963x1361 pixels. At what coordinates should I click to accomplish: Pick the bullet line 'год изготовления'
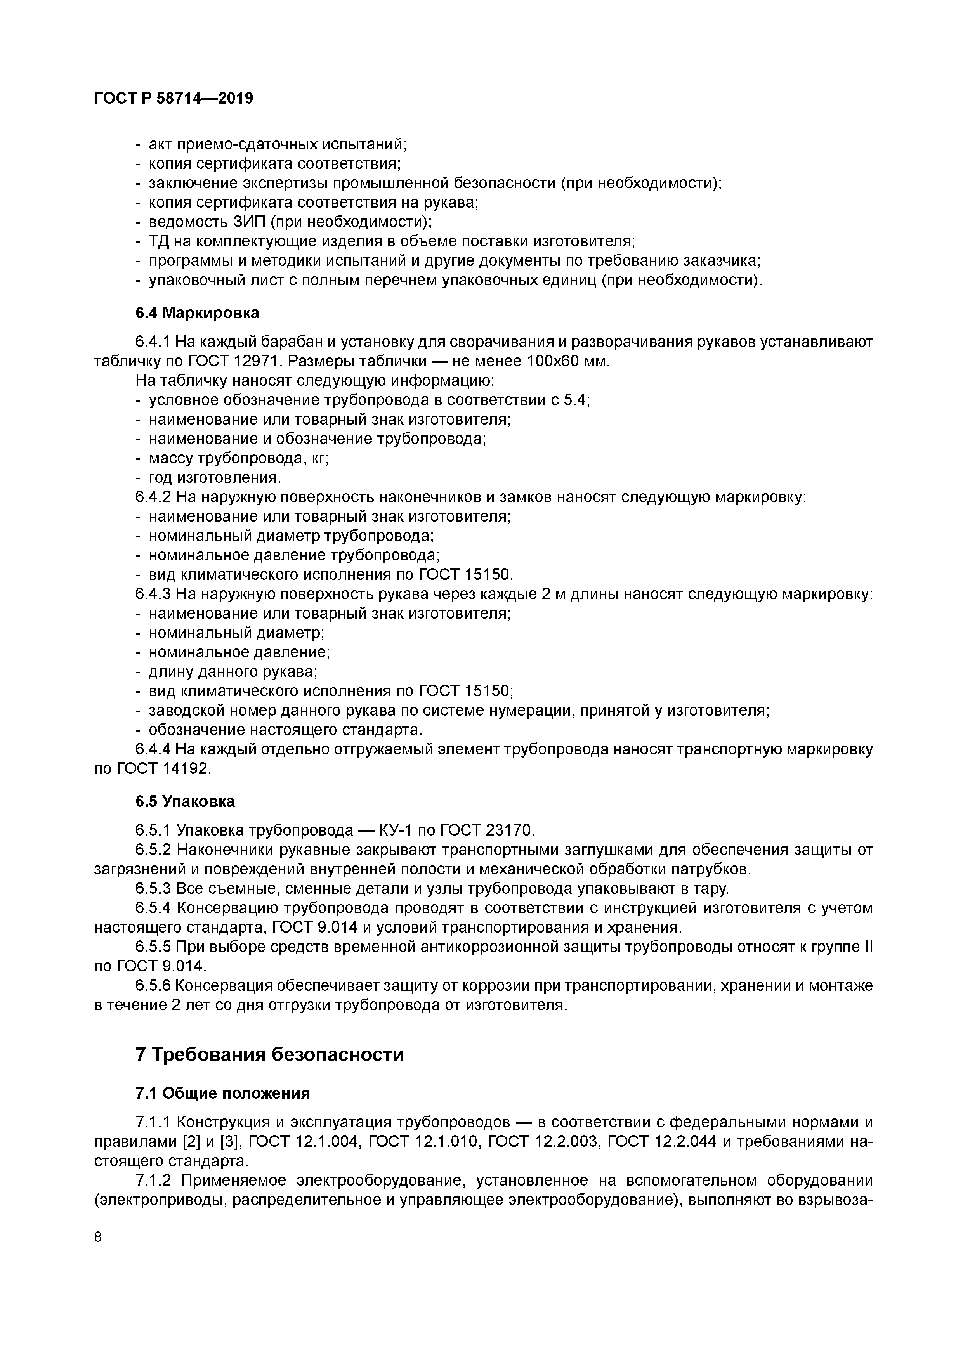pyautogui.click(x=215, y=478)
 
